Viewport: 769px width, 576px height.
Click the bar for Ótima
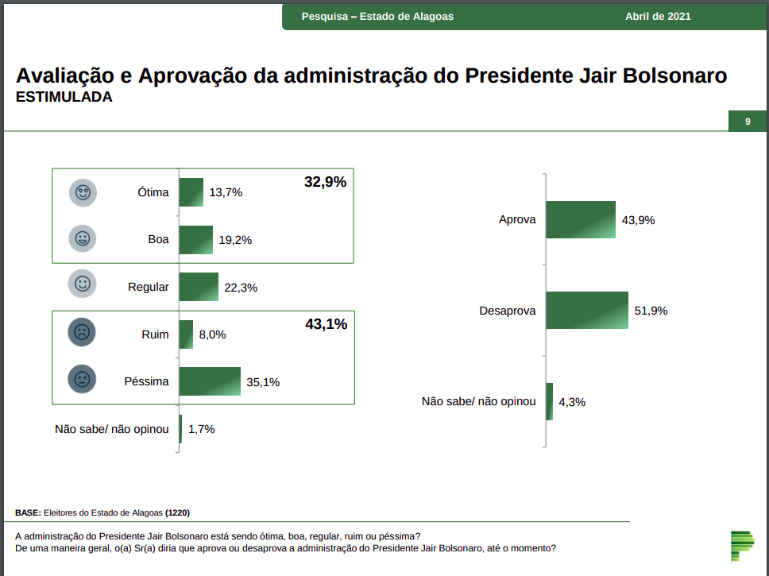pos(191,192)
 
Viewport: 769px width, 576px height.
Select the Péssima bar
pos(210,381)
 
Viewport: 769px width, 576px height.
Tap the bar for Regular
pos(199,287)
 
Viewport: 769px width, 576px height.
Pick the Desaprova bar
pos(586,311)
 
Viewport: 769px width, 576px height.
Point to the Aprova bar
pos(580,220)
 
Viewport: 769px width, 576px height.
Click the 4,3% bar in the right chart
pos(549,401)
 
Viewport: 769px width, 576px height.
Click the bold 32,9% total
pos(325,182)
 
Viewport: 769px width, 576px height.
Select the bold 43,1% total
pos(326,324)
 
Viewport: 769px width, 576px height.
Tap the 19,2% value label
pos(235,240)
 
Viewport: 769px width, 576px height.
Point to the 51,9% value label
pos(651,311)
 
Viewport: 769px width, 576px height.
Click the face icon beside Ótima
pos(82,192)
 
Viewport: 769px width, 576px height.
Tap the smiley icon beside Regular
pos(82,284)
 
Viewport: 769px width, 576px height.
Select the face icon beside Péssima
pos(82,379)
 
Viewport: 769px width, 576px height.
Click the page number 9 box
pos(748,122)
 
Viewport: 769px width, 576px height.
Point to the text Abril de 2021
pos(658,16)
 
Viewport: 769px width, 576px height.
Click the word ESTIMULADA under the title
pos(64,98)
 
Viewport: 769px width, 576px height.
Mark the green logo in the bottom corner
pos(742,545)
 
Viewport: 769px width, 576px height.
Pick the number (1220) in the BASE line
pos(177,512)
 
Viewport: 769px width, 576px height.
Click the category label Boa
pos(158,239)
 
